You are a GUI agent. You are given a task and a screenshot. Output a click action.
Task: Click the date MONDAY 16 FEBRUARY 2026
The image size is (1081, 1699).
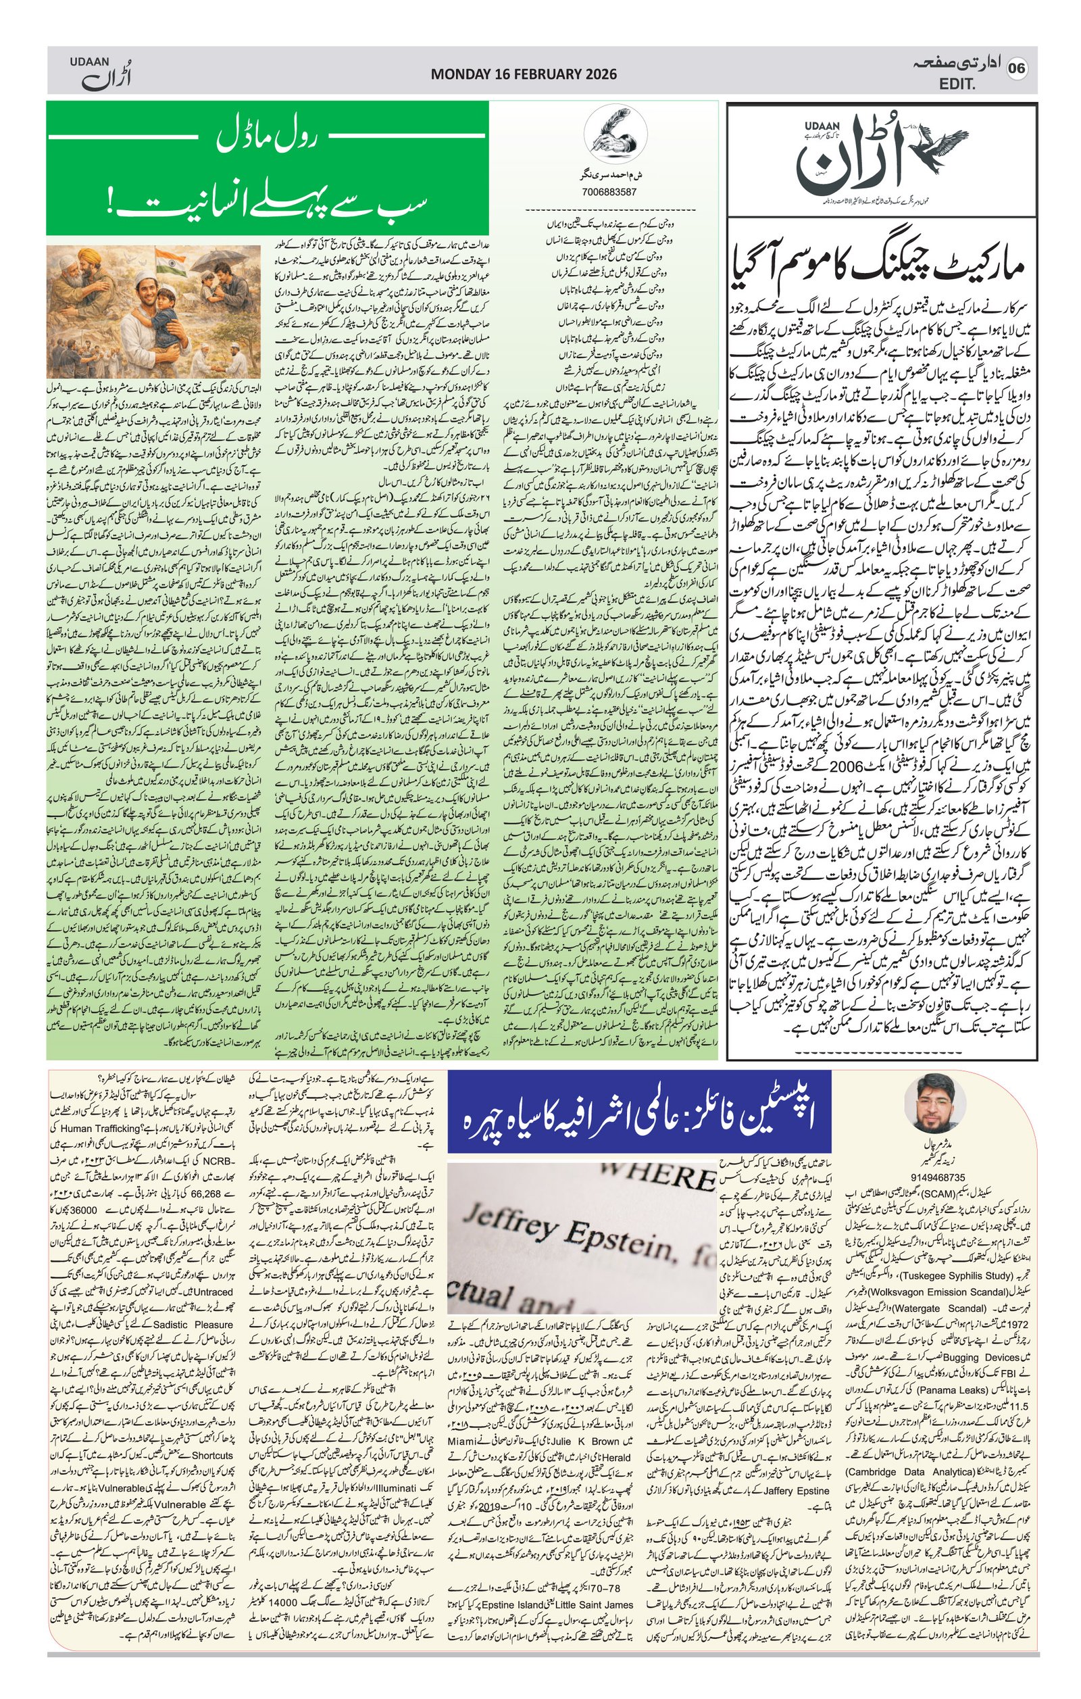523,74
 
